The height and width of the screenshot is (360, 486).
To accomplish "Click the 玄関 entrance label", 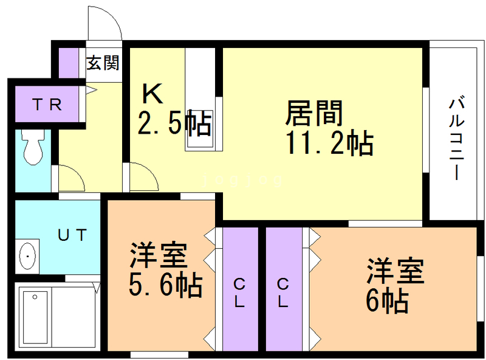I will (x=102, y=62).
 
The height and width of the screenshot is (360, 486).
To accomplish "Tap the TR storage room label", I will (x=47, y=105).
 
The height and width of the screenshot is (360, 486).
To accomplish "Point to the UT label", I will (x=73, y=234).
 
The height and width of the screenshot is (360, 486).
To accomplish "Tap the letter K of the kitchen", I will (x=152, y=94).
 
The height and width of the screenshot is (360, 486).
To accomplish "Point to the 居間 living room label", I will (x=315, y=113).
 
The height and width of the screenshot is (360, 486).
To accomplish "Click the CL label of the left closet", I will (x=239, y=292).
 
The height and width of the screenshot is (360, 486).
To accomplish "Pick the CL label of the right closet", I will (x=283, y=292).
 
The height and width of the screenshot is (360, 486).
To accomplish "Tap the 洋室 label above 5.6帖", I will (x=158, y=255).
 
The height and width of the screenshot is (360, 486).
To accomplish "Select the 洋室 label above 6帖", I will (x=394, y=271).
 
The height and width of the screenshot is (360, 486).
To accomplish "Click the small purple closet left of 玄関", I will (x=68, y=61).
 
